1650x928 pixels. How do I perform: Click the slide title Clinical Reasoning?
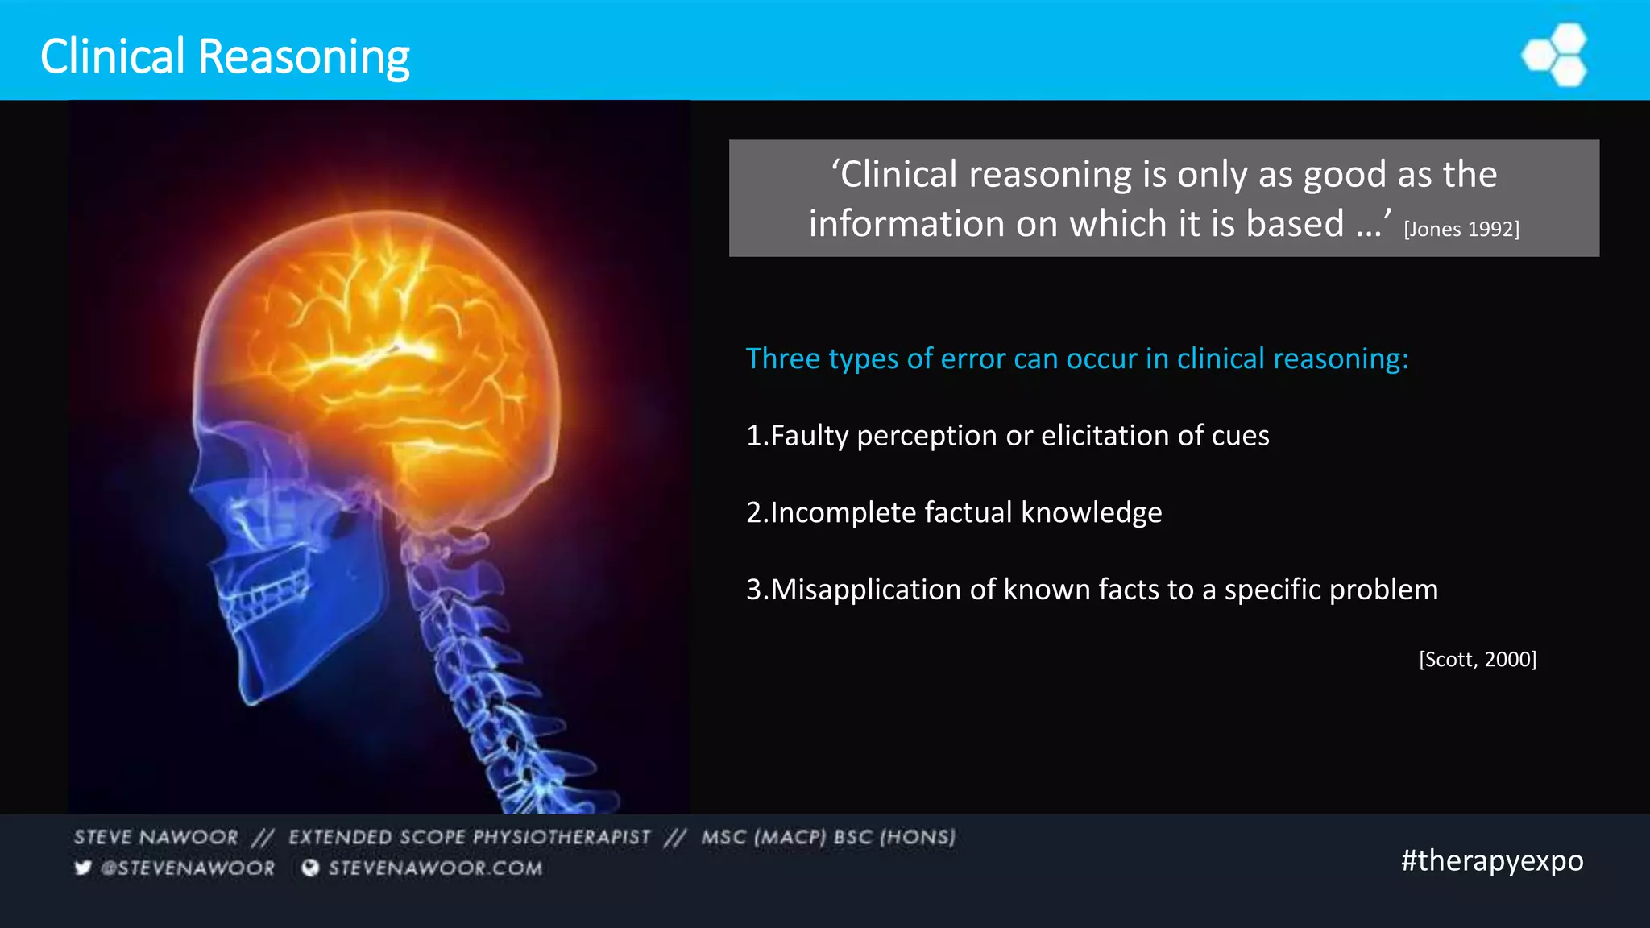click(225, 56)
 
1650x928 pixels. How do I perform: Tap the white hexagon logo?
click(1556, 55)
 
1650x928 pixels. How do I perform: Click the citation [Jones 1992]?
click(1461, 230)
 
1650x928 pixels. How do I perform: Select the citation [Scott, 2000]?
click(1478, 660)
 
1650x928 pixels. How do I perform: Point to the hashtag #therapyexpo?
click(1492, 860)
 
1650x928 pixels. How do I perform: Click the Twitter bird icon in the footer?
click(83, 868)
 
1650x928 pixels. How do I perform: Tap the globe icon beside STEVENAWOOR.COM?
click(310, 868)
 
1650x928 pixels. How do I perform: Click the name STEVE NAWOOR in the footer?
click(156, 838)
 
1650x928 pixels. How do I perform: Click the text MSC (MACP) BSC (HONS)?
click(828, 838)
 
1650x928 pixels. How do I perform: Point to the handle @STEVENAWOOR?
click(188, 868)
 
